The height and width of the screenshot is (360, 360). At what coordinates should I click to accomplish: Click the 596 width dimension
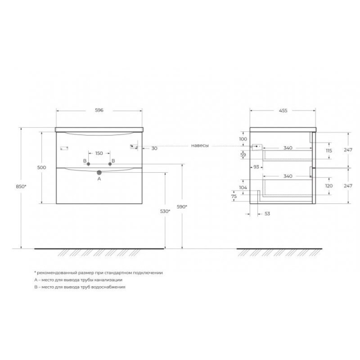coord(99,110)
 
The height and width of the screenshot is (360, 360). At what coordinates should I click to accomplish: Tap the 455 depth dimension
coord(283,111)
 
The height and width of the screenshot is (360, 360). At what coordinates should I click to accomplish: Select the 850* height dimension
coord(21,187)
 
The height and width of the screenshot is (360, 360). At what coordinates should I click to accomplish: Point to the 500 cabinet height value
coord(41,167)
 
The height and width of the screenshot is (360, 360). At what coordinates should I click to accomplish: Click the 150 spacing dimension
coord(99,153)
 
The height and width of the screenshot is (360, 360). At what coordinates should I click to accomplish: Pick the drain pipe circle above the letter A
coord(99,172)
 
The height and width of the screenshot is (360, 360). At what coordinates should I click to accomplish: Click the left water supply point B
coord(88,164)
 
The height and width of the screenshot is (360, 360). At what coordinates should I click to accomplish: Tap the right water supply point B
coord(110,164)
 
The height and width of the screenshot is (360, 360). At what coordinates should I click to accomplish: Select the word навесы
coord(200,145)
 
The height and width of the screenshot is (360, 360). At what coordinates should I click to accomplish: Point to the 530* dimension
coord(165,211)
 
